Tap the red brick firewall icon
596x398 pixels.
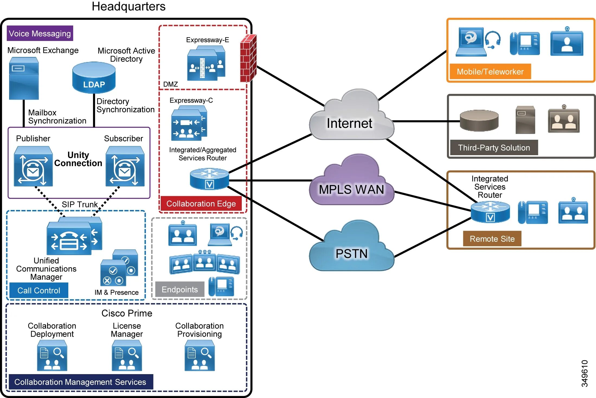[x=248, y=58]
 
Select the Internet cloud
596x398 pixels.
[x=351, y=119]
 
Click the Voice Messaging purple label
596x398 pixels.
[x=40, y=33]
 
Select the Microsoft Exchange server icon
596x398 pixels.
[x=24, y=78]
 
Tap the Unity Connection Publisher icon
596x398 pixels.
[x=33, y=166]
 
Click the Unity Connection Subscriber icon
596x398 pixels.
[x=125, y=166]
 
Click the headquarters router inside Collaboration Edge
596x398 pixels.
[x=209, y=179]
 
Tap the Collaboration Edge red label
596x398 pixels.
[x=201, y=203]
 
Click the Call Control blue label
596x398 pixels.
[x=39, y=290]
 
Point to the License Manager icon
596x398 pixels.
[x=127, y=356]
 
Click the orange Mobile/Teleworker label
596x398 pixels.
[x=490, y=72]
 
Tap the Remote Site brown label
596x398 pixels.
[x=492, y=239]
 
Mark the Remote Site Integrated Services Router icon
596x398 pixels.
[x=490, y=212]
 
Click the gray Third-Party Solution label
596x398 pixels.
[x=494, y=148]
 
